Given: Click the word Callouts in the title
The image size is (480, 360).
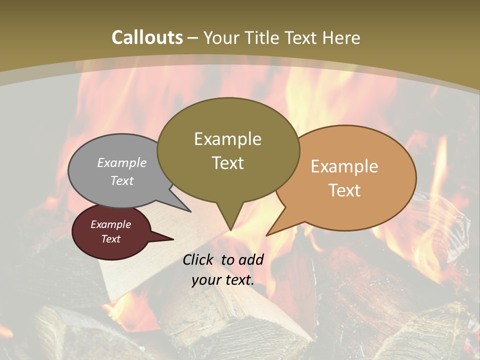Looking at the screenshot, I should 147,37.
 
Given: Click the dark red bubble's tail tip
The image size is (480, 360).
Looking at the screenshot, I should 173,239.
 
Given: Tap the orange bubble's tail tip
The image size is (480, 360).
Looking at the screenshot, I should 266,235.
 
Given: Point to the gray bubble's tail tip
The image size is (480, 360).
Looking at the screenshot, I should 190,211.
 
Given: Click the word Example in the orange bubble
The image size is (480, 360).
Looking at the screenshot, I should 344,166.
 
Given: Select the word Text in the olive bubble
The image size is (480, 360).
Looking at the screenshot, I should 228,163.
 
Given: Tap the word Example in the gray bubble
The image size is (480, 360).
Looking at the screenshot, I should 122,162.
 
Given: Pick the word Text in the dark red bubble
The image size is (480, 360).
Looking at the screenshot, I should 111,239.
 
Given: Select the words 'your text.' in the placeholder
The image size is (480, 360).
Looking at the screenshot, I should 223,280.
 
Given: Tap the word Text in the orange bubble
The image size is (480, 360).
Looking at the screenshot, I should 344,190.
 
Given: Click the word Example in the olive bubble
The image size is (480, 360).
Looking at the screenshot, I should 228,139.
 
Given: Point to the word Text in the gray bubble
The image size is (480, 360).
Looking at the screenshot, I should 122,180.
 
